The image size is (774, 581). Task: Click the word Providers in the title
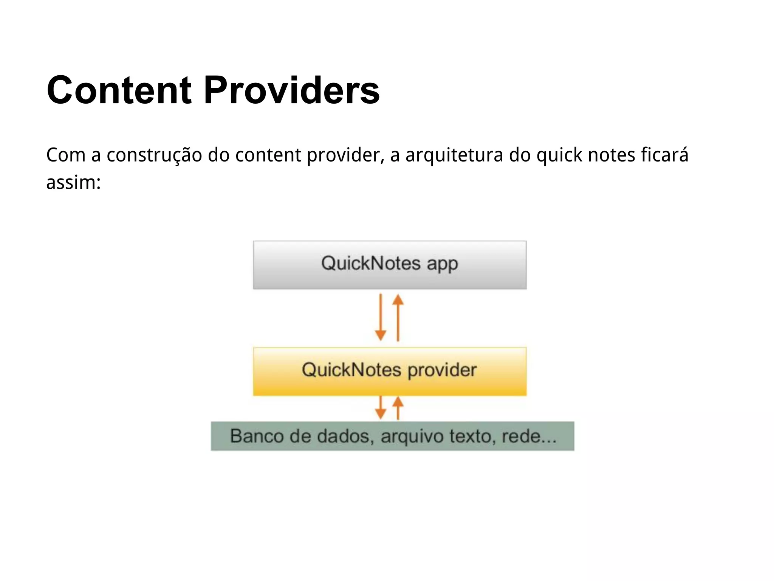click(291, 90)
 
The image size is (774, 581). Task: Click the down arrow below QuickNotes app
click(381, 318)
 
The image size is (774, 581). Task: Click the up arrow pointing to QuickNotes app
click(398, 318)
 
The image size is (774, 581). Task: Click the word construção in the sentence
click(154, 155)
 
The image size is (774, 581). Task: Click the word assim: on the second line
click(73, 183)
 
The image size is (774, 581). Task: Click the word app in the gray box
click(442, 264)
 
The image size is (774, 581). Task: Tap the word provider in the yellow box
click(442, 370)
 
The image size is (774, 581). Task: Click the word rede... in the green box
click(529, 437)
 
